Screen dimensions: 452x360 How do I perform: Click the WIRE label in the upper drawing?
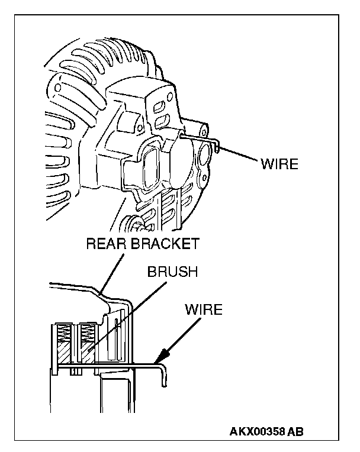279,164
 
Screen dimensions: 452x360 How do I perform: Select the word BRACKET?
165,243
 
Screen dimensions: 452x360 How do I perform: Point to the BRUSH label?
172,273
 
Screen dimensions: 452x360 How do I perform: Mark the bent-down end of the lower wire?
165,379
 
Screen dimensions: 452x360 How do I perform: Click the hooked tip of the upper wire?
218,147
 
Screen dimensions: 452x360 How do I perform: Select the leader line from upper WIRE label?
237,152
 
